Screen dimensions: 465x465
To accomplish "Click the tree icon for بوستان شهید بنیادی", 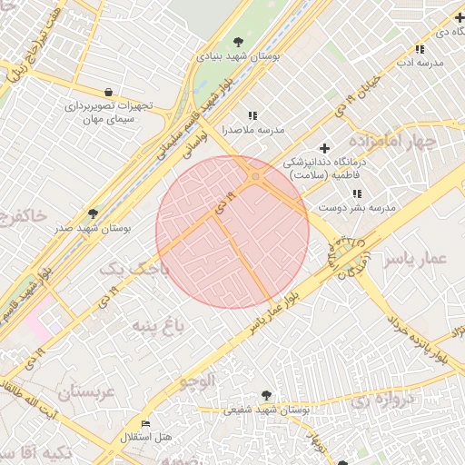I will click(238, 41).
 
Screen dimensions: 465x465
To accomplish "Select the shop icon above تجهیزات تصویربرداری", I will click(109, 92).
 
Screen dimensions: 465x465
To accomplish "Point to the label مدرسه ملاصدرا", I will click(253, 130).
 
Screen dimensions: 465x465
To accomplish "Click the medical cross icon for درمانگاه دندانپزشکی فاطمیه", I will click(325, 148).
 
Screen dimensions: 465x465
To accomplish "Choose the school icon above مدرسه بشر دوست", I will click(357, 193).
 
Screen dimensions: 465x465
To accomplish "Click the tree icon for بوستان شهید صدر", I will click(93, 213).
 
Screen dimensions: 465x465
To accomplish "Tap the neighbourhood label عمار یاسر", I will click(415, 259).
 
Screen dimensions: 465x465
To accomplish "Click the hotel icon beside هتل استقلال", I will click(146, 424).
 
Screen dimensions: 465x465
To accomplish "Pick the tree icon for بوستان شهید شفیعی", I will click(265, 395).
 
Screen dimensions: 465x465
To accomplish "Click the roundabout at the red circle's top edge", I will click(256, 176).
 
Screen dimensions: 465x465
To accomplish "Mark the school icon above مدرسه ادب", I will click(420, 48).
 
